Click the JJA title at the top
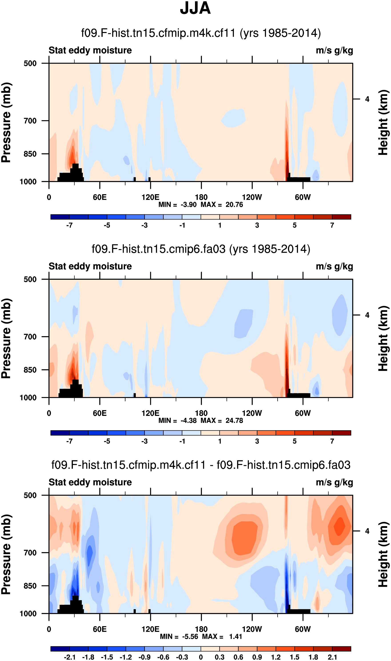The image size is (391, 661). point(195,8)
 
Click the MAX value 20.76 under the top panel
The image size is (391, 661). point(234,205)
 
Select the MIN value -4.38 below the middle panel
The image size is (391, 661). point(188,420)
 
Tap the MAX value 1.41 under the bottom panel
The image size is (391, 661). point(235,637)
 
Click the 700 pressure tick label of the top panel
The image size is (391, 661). point(30,121)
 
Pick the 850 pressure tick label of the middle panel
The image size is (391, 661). point(30,370)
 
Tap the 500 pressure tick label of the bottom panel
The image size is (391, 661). point(30,495)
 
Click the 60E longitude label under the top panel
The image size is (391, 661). point(100,197)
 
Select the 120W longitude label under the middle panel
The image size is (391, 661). point(252,413)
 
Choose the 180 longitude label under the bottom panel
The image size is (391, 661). point(201,629)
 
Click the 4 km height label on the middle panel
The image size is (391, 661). point(367,315)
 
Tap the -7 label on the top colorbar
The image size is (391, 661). point(69,225)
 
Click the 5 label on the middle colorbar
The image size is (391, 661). point(295,441)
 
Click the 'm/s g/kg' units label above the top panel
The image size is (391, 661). point(334,50)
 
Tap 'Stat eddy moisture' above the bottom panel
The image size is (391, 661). point(90,482)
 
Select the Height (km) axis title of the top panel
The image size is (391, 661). point(383,122)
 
